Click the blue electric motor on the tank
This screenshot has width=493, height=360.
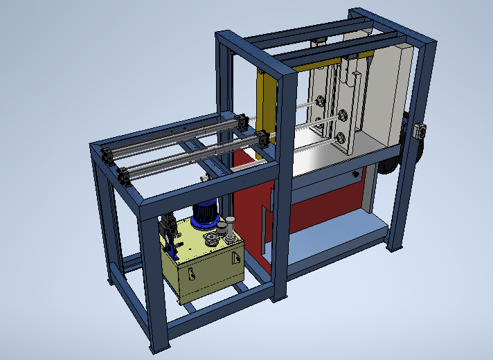(x=205, y=213)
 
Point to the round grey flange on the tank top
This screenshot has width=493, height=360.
(x=210, y=240)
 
